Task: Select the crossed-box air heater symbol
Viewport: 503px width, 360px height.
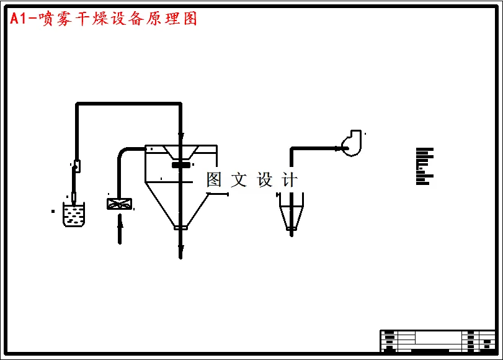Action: tap(119, 204)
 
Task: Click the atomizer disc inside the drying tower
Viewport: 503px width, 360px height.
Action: tap(180, 164)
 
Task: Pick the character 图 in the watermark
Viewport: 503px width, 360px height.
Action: tap(214, 180)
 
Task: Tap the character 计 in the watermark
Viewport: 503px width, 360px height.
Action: tap(290, 180)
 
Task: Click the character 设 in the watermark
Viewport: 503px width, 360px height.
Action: tap(265, 180)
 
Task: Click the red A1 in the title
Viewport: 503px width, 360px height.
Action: tap(18, 19)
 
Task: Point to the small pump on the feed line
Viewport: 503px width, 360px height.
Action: tap(76, 166)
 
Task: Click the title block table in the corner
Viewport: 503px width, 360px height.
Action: tap(437, 341)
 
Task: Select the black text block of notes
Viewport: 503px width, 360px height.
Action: tap(424, 166)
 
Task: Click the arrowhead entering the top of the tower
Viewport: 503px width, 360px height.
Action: tap(180, 136)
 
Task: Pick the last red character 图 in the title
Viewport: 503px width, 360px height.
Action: tap(189, 19)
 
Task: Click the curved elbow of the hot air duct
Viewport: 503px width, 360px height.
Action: tap(123, 151)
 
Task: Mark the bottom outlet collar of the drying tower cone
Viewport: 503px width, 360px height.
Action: tap(180, 228)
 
